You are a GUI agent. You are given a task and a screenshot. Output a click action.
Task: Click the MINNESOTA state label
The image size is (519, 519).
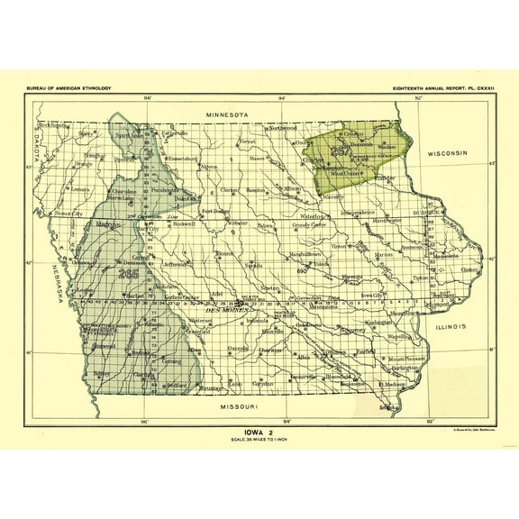coord(232,116)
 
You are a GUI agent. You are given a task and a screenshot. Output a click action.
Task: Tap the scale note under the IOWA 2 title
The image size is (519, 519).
coord(260,439)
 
